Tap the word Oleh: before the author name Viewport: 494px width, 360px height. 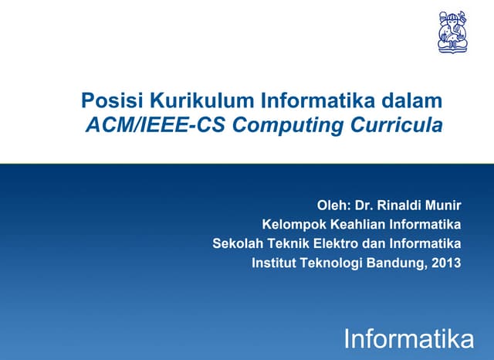(334, 205)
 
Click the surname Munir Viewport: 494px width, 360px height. (445, 205)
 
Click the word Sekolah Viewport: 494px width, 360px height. (236, 244)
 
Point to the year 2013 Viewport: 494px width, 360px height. (446, 263)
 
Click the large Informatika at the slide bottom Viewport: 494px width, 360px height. (408, 338)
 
